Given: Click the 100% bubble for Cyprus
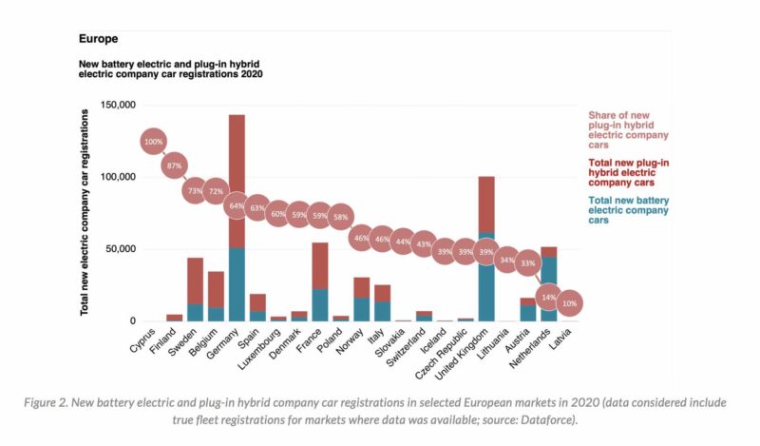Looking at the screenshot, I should tap(153, 143).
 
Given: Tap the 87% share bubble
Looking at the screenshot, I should tap(174, 165).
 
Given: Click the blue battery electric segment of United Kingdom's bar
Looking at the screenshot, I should tap(486, 285).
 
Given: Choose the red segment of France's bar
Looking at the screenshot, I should tap(320, 265).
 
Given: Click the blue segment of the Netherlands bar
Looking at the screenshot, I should tap(549, 289).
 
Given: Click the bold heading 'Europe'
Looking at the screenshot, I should tap(98, 40).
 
